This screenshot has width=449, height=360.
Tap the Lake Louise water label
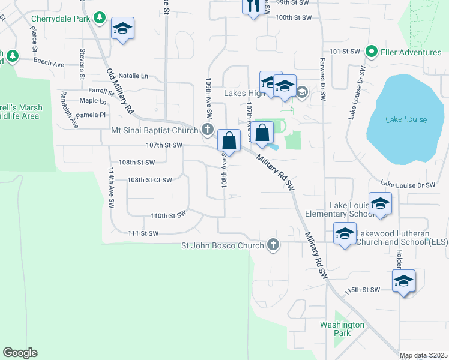pyautogui.click(x=406, y=119)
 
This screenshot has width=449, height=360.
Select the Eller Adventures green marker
pyautogui.click(x=372, y=52)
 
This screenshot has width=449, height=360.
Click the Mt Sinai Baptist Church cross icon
pyautogui.click(x=207, y=130)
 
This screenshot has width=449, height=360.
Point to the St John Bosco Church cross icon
pyautogui.click(x=273, y=245)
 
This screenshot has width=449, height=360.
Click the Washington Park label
pyautogui.click(x=342, y=329)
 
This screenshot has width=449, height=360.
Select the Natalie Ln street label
pyautogui.click(x=133, y=76)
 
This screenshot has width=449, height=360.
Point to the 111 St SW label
pyautogui.click(x=143, y=233)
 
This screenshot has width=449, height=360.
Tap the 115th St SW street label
pyautogui.click(x=363, y=290)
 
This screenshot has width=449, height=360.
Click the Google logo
pyautogui.click(x=20, y=353)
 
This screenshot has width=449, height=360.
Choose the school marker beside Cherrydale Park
pyautogui.click(x=123, y=29)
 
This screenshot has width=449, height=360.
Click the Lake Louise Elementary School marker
pyautogui.click(x=379, y=205)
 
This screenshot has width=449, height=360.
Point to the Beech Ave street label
pyautogui.click(x=49, y=62)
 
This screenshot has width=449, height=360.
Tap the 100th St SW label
pyautogui.click(x=294, y=18)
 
